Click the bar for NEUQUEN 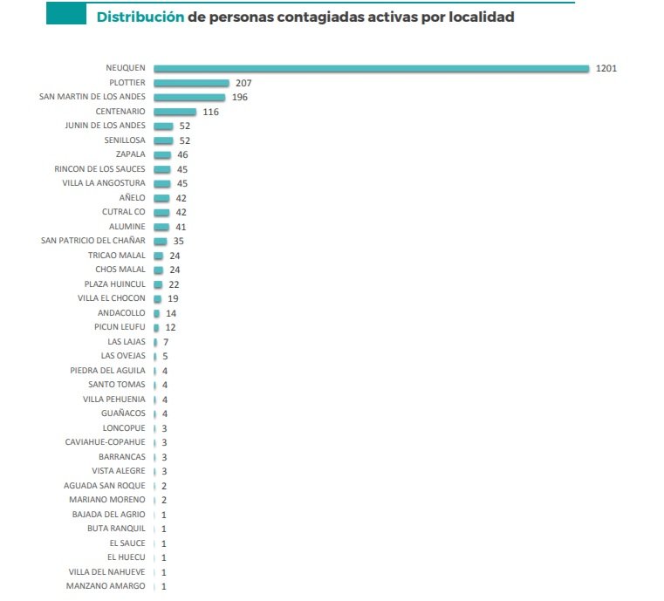(x=371, y=68)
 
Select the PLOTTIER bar (x=191, y=83)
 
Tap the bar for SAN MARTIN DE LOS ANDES (x=188, y=97)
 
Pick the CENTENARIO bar (x=175, y=112)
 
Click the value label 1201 (x=606, y=68)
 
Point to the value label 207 (x=243, y=83)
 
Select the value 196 (x=240, y=97)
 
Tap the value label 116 (x=210, y=112)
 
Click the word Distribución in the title (x=140, y=17)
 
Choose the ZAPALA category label (x=131, y=154)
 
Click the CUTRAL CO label (x=124, y=212)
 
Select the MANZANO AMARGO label (x=106, y=586)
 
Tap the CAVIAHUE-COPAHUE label (x=105, y=442)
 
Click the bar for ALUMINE (x=161, y=227)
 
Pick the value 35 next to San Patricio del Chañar (x=179, y=241)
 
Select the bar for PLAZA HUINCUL (x=158, y=284)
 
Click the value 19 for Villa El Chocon (x=173, y=298)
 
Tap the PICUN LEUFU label (x=120, y=327)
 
